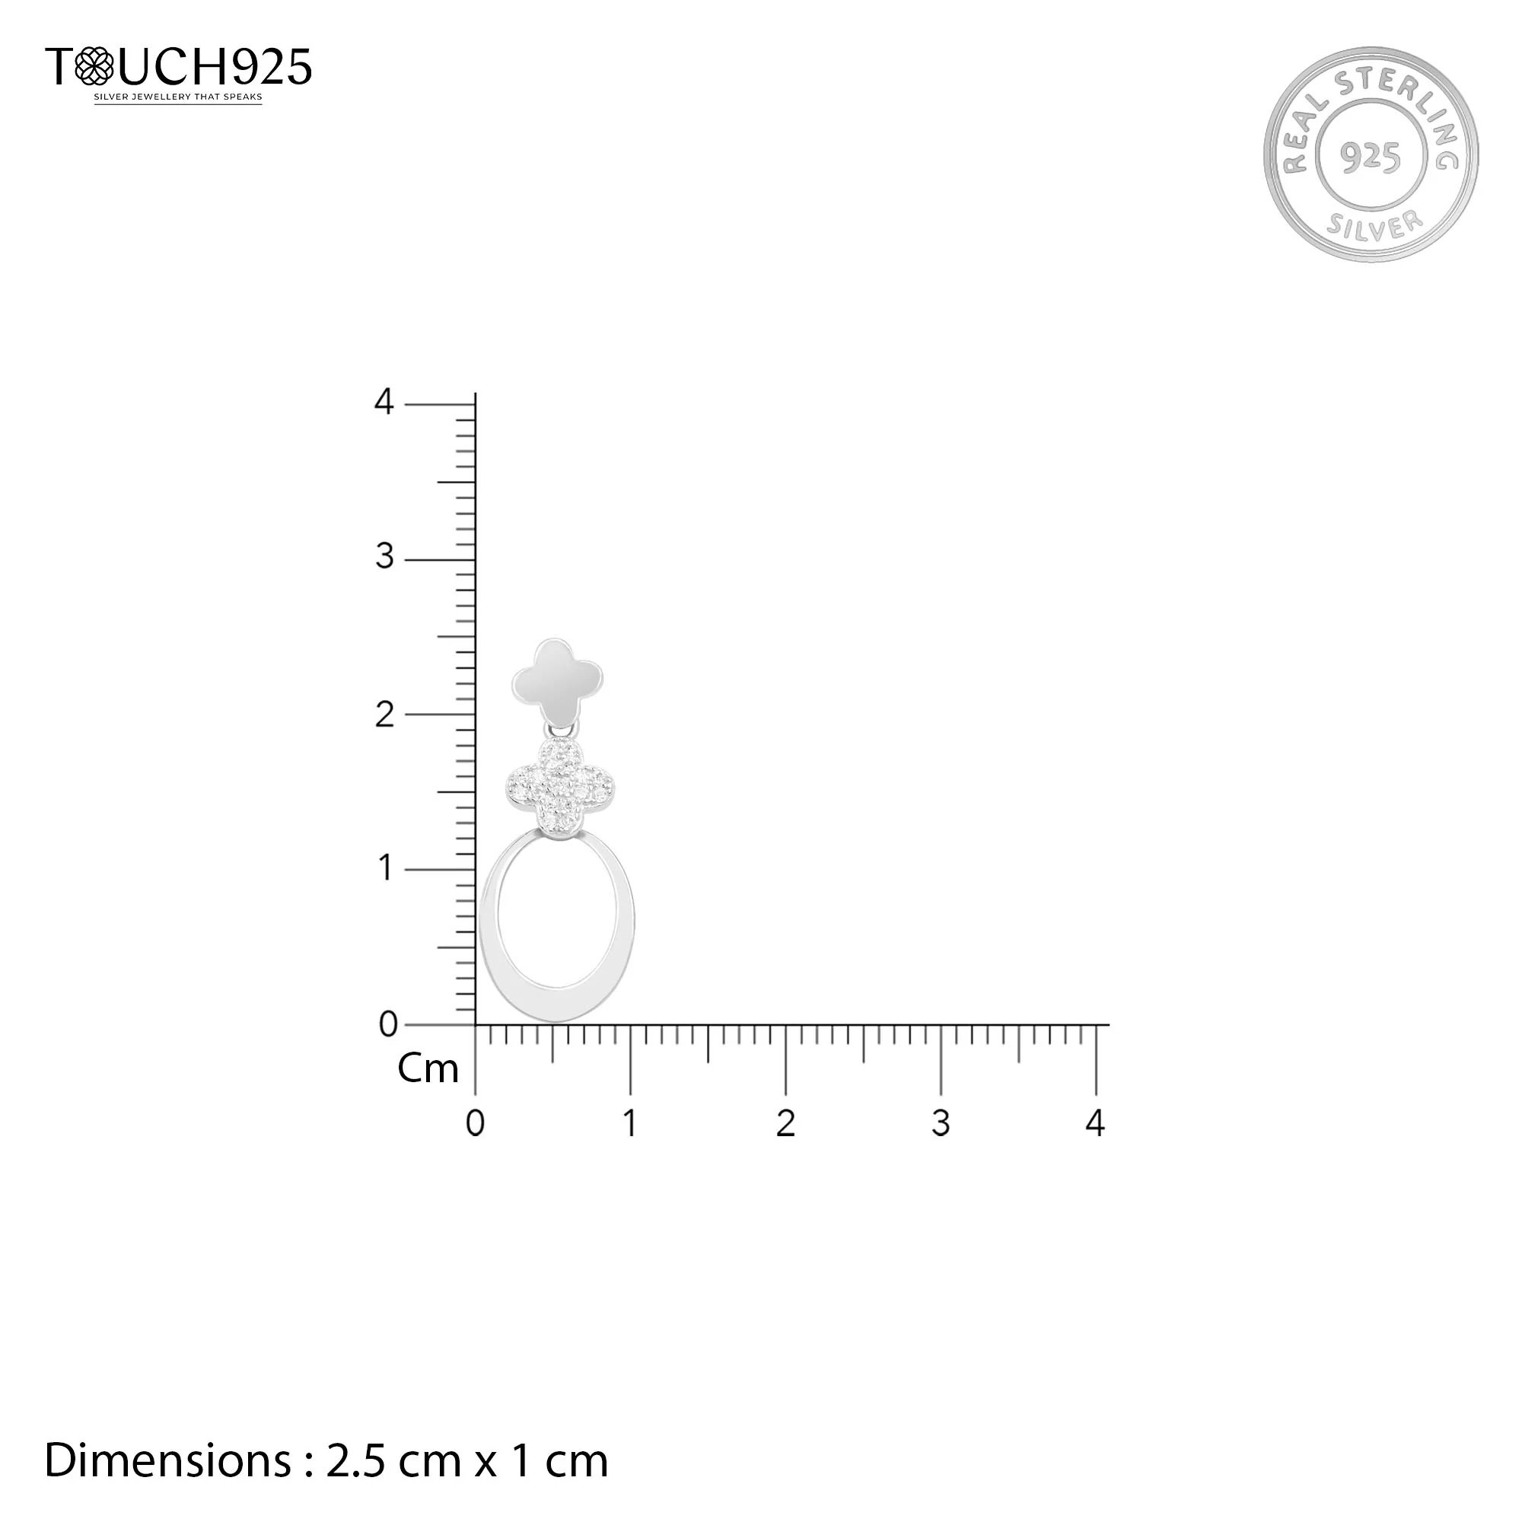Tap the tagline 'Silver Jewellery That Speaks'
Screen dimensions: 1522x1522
point(178,97)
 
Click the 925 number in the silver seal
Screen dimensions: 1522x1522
point(1371,158)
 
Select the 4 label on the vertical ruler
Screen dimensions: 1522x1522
point(384,402)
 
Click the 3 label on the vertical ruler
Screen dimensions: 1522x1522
point(384,557)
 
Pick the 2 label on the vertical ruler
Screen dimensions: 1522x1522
point(384,715)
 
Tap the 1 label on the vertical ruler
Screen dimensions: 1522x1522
point(385,868)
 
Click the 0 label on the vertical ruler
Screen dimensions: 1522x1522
point(388,1024)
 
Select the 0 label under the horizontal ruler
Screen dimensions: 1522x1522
point(475,1123)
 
